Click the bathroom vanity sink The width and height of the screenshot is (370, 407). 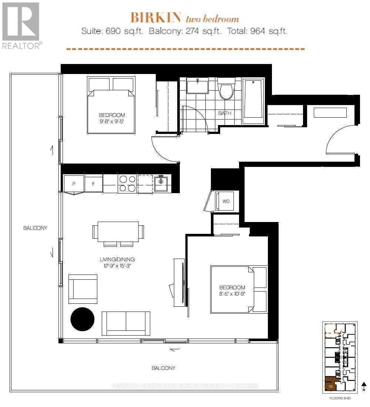pos(197,86)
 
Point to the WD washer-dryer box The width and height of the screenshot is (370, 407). pos(225,201)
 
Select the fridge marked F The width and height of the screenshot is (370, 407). pos(94,184)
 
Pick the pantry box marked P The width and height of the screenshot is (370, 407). pos(74,184)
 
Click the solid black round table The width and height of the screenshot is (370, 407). pos(82,319)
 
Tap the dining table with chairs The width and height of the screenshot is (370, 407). pos(118,232)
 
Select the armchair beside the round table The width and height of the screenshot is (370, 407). pos(83,289)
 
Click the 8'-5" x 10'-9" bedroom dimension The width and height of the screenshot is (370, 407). pos(232,294)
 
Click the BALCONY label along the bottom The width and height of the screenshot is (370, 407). pos(163,368)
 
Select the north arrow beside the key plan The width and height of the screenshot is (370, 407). pos(364,386)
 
